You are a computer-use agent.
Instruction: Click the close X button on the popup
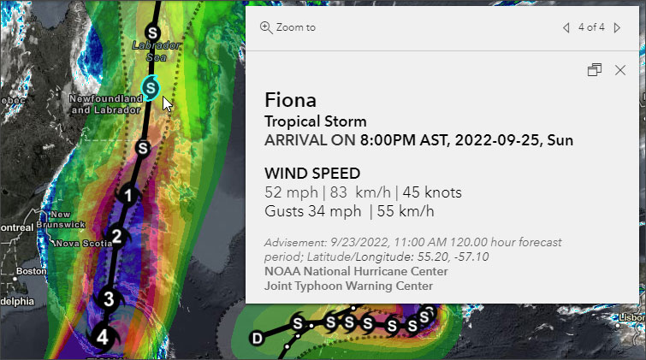[620, 70]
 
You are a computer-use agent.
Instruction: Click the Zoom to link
[295, 27]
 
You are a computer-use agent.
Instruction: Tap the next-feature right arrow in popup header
[618, 27]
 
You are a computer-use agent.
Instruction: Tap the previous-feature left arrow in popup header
[566, 27]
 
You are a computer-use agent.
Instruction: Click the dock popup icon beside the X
[595, 70]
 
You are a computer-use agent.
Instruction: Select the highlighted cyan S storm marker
[151, 86]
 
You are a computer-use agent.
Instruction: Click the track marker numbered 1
[127, 196]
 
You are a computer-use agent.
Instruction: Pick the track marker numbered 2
[117, 236]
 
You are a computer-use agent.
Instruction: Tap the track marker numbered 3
[108, 298]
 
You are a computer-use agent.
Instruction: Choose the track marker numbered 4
[102, 337]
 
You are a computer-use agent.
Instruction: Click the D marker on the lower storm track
[256, 339]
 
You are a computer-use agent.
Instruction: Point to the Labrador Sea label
[155, 50]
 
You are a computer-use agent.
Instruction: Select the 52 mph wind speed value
[286, 193]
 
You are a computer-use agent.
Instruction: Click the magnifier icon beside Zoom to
[266, 27]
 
